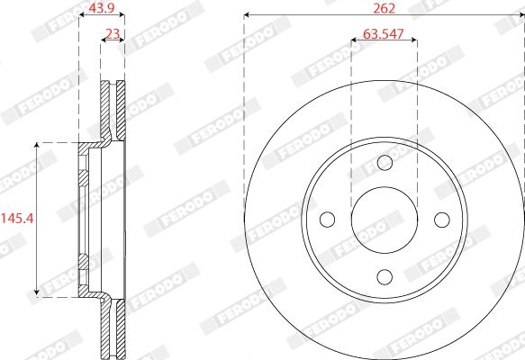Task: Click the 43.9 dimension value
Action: [x=102, y=8]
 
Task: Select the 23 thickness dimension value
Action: [x=113, y=34]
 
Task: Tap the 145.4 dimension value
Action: [x=17, y=219]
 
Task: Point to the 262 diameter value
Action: [x=384, y=8]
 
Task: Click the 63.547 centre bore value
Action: [x=384, y=34]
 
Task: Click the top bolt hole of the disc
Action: [x=385, y=163]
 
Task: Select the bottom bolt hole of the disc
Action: [x=385, y=277]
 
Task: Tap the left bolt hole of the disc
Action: [x=327, y=220]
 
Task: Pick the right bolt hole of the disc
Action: [x=442, y=220]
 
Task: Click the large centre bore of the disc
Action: [x=385, y=220]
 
